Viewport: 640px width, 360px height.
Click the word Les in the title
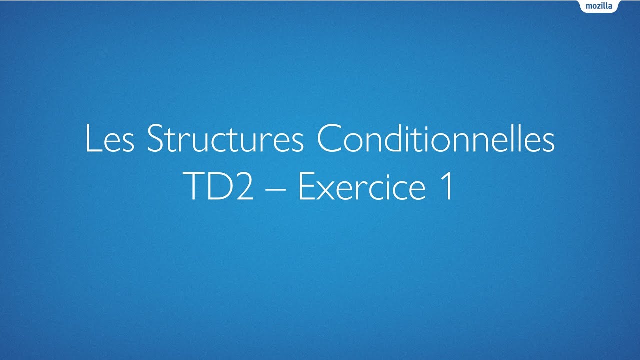click(x=109, y=139)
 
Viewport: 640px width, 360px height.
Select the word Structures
click(x=225, y=139)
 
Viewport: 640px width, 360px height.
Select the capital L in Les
click(x=92, y=139)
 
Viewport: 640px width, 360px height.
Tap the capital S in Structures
click(x=156, y=139)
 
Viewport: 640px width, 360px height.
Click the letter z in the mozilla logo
click(x=600, y=7)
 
